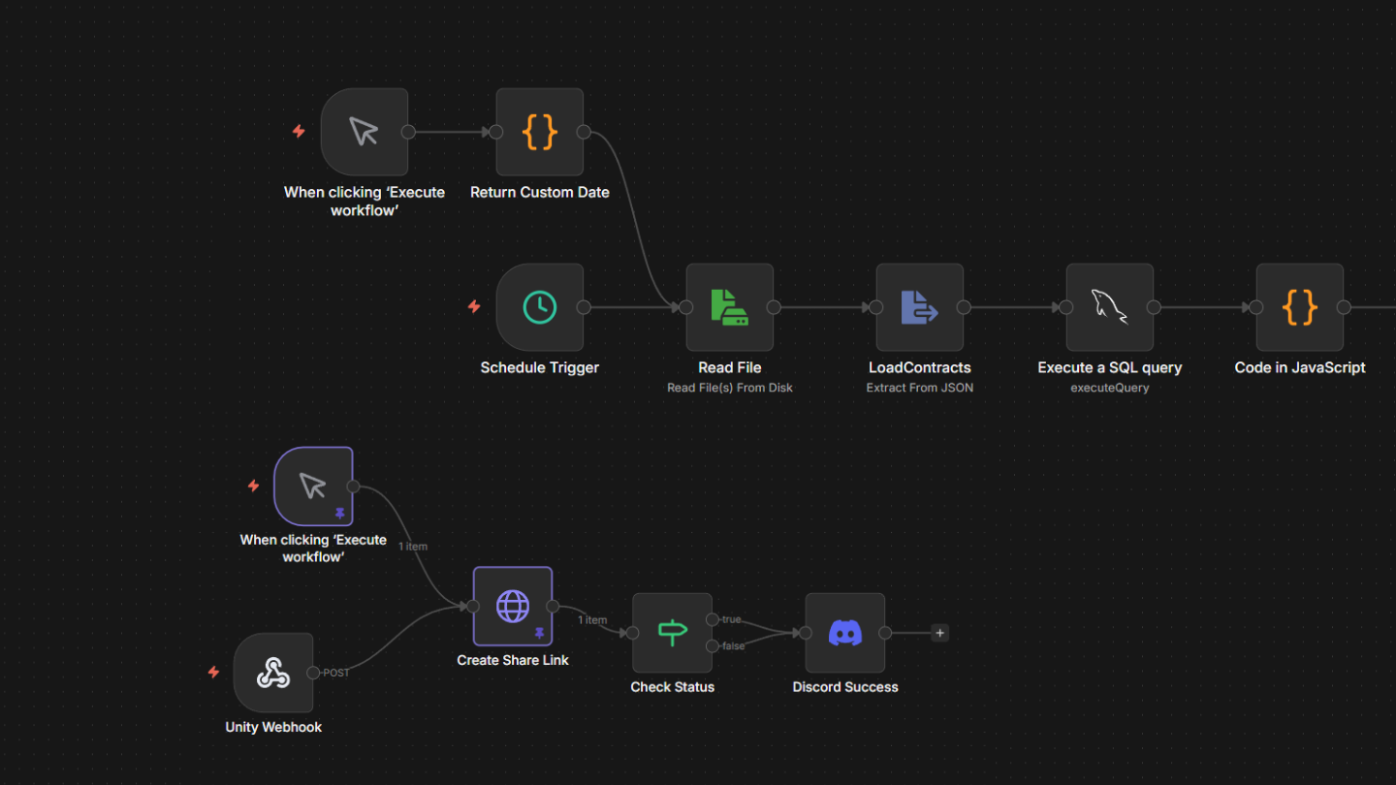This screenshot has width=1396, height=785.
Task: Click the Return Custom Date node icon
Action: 540,132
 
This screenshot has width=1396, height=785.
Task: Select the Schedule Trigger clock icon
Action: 540,307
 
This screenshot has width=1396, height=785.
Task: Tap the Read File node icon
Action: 730,307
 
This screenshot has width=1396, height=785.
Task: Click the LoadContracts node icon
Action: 919,307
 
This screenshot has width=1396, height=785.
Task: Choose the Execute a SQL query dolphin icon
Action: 1109,307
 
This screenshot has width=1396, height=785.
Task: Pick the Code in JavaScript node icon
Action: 1299,307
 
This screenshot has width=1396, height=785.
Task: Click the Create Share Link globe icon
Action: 513,607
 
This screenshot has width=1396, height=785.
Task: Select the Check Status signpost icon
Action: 673,633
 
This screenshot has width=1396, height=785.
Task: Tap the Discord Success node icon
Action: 845,633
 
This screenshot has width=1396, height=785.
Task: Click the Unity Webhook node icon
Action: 273,673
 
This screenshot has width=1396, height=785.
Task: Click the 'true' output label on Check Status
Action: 732,619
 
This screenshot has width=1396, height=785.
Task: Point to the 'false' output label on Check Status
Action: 734,646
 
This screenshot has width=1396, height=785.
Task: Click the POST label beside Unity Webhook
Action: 336,673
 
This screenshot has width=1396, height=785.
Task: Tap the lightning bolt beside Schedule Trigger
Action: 474,306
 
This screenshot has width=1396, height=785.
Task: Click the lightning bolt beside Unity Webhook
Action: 213,673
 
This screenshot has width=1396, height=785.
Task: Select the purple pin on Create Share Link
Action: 540,634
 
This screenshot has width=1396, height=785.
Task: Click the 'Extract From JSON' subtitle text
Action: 920,388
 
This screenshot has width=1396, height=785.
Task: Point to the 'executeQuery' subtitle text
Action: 1110,388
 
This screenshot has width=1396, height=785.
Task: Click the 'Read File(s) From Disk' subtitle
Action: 730,388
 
